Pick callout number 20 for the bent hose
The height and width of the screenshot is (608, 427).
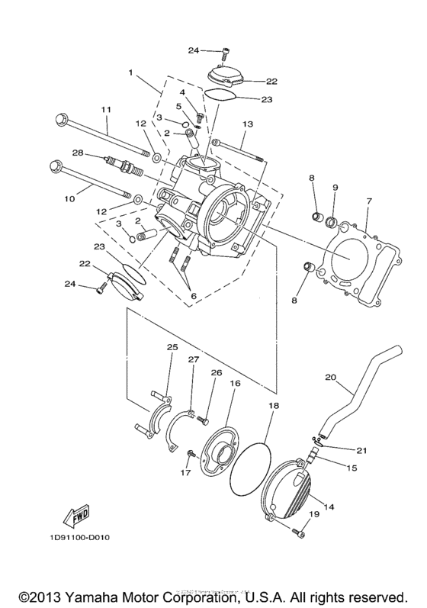[x=330, y=377]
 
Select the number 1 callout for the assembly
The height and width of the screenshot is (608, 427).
[x=131, y=72]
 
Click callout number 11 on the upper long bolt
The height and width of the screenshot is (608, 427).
[x=105, y=110]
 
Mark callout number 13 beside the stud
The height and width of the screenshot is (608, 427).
[x=247, y=124]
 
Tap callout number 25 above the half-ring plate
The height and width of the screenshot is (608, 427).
[x=172, y=347]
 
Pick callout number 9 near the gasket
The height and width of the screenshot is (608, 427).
[x=333, y=187]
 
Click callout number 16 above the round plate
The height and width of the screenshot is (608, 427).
[x=235, y=384]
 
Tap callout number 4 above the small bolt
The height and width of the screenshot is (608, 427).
[x=182, y=92]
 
